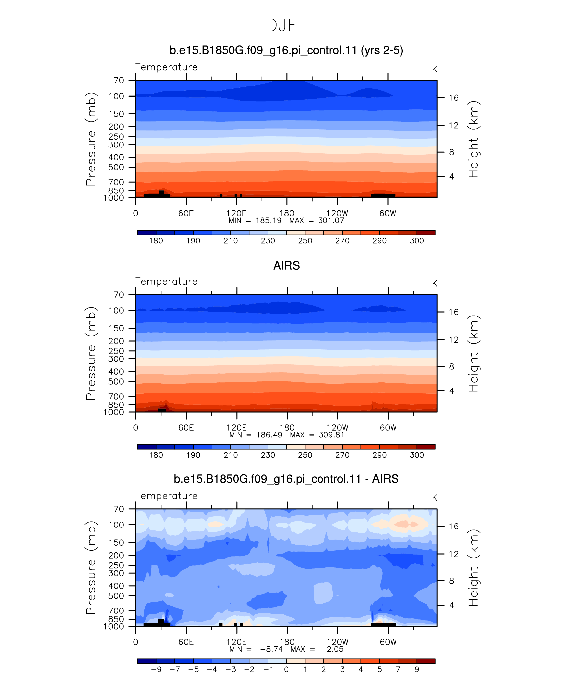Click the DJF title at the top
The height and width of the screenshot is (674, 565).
click(282, 25)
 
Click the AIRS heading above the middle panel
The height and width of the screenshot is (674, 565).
click(286, 266)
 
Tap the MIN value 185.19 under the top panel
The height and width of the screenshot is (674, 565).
click(269, 221)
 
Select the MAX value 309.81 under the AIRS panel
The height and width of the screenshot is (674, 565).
click(331, 435)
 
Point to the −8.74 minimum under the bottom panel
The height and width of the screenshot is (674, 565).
click(271, 649)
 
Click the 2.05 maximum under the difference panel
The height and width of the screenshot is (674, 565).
click(335, 649)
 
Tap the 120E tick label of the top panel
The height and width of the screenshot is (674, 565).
click(236, 213)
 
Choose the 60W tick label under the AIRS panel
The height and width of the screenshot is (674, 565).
click(388, 428)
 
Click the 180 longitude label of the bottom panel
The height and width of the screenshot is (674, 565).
click(287, 642)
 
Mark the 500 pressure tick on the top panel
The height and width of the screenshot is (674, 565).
click(116, 167)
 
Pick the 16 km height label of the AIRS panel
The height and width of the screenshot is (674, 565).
click(454, 312)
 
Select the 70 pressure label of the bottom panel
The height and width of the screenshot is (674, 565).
click(119, 509)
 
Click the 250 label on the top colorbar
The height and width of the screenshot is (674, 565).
click(305, 241)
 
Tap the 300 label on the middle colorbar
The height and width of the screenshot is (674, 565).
click(417, 455)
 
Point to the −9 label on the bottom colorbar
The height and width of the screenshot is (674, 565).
click(156, 669)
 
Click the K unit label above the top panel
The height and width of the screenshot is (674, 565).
click(434, 69)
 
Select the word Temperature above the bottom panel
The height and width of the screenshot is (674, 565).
click(167, 496)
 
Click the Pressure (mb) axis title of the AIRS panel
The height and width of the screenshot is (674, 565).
click(91, 353)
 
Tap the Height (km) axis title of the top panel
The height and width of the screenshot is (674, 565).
click(473, 139)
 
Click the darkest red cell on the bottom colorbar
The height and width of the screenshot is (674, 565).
click(426, 661)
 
